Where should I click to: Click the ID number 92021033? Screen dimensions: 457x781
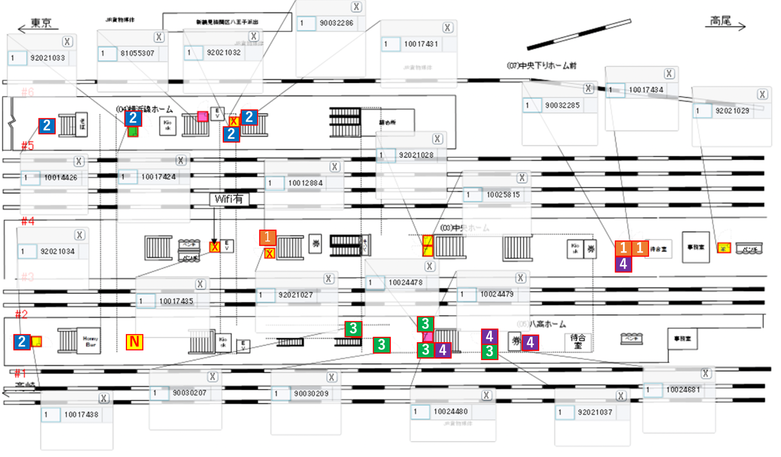coord(48,58)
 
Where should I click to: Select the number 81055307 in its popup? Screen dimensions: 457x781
coord(137,53)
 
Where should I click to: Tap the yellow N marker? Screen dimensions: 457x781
coord(134,342)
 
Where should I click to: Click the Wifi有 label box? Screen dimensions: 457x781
coord(229,199)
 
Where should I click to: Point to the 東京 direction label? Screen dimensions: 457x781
coord(41,23)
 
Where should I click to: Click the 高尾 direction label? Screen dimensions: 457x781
coord(721,21)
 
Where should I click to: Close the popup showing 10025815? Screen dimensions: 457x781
coord(522,178)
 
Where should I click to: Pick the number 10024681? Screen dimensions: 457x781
coord(683,389)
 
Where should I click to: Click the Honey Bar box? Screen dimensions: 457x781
coord(90,341)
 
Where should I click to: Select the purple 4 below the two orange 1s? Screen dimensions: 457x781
coord(623,264)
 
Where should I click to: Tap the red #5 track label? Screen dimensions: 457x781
coord(27,145)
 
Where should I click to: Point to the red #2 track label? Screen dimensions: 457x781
coord(21,314)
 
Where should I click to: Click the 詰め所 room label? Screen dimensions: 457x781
coord(387,122)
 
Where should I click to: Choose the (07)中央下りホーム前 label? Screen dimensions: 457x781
coord(542,66)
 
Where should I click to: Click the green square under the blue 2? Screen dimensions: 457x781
coord(133,132)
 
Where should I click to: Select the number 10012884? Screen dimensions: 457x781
coord(305,183)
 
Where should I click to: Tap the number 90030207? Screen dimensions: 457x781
coord(189,393)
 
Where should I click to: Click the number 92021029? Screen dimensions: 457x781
coord(732,111)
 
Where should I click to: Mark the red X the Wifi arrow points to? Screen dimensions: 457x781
coord(215,247)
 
